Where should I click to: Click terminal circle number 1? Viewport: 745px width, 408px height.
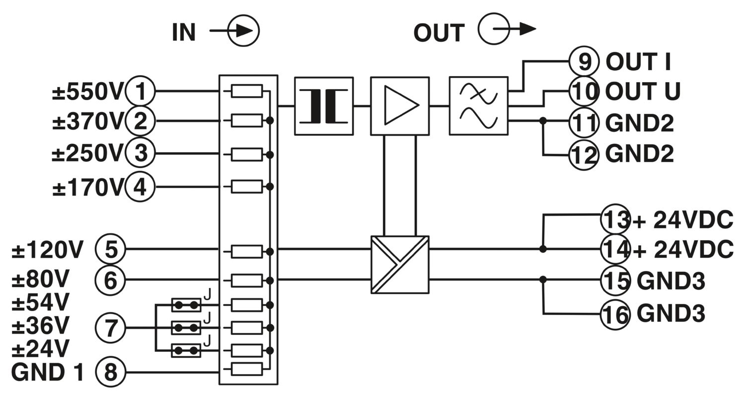[140, 91]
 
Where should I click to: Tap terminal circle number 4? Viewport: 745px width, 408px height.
[140, 187]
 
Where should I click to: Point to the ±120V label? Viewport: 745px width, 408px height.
[47, 249]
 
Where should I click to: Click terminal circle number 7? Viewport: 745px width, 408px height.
[110, 328]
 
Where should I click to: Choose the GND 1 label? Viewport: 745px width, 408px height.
[48, 372]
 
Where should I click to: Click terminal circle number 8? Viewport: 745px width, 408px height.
[110, 372]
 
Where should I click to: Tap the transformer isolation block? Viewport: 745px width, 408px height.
[324, 106]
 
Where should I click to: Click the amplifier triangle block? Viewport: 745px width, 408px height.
[400, 106]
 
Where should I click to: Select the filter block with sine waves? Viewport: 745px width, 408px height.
[479, 106]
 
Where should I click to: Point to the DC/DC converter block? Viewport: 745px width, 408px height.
[400, 265]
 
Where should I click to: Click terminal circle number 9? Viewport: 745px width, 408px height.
[584, 61]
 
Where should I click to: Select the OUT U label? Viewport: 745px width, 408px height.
[643, 91]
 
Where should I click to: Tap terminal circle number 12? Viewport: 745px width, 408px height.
[584, 155]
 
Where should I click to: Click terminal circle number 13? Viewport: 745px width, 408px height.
[616, 219]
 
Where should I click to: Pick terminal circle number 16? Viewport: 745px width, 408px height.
[616, 314]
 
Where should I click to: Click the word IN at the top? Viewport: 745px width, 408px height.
[184, 32]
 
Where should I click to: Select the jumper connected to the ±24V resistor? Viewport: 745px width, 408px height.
[186, 351]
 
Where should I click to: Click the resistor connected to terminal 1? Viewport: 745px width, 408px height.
[247, 91]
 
